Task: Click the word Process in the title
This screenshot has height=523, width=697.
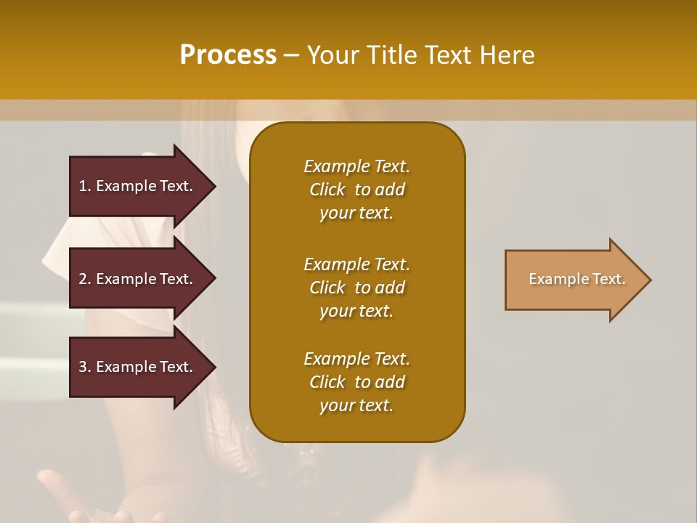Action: (x=228, y=55)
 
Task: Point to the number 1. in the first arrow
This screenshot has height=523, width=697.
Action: (x=85, y=186)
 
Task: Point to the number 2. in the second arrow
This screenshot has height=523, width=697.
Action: (x=85, y=279)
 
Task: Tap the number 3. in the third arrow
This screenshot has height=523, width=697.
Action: (x=85, y=367)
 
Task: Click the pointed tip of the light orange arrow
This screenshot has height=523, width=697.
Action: (x=648, y=280)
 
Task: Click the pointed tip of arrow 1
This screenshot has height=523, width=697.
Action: (x=213, y=186)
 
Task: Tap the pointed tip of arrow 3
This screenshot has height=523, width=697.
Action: (x=213, y=367)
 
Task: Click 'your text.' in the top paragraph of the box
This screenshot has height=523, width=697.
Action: (x=356, y=214)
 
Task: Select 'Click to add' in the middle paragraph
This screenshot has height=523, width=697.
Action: (x=356, y=288)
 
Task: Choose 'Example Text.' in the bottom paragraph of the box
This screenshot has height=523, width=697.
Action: (x=356, y=359)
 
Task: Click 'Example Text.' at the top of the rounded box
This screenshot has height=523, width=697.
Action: (x=356, y=166)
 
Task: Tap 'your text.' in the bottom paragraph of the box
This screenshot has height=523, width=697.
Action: (x=356, y=406)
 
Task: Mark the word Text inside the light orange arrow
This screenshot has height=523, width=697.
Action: (x=608, y=279)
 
